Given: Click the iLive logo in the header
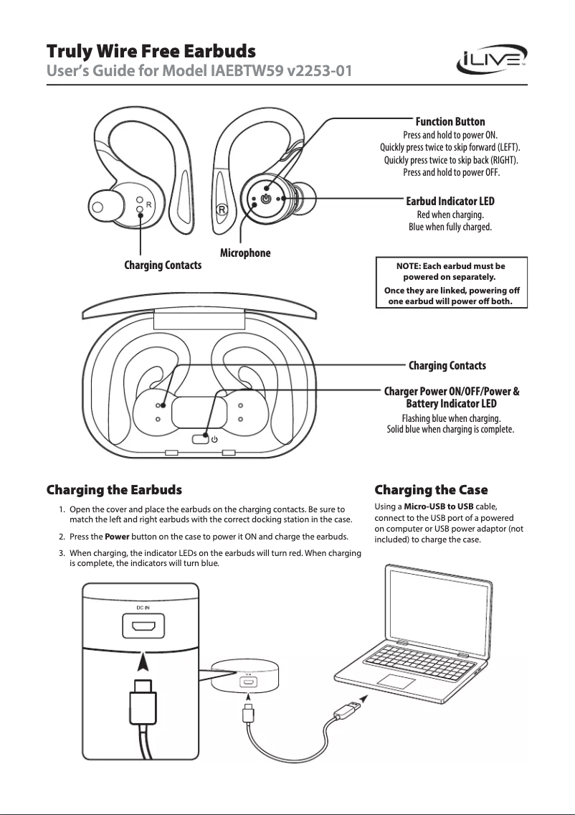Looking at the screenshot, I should point(493,62).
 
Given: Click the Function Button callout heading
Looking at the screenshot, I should point(450,121).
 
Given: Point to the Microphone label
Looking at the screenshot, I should point(244,253).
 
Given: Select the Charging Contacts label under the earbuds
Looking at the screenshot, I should point(163,265).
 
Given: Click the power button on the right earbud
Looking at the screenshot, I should point(266,198).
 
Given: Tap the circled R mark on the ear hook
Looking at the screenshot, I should point(222,210).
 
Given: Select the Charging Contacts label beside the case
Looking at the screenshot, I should point(447,366).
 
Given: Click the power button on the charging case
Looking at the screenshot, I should point(200,439).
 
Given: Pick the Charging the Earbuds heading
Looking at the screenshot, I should point(114,490).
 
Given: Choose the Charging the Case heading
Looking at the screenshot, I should point(431,490).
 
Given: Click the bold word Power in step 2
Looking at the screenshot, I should point(116,537).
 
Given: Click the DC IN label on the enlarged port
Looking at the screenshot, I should point(143,608).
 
